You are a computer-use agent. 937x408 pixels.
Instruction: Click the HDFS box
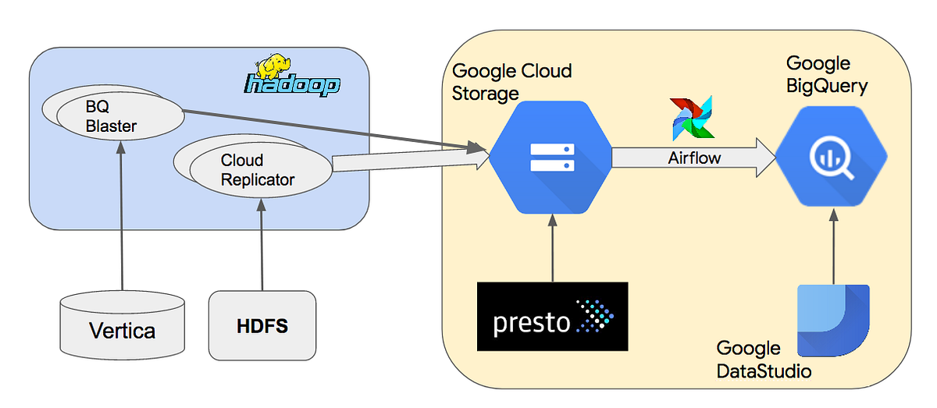click(x=262, y=325)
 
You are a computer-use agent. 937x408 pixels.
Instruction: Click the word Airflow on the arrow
click(x=693, y=158)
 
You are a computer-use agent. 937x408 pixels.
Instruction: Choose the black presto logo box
click(x=552, y=316)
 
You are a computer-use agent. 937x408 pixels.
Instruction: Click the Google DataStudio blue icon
click(x=833, y=321)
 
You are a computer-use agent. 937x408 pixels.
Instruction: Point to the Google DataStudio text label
click(x=763, y=360)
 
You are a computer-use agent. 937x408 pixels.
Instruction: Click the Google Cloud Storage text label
click(x=511, y=82)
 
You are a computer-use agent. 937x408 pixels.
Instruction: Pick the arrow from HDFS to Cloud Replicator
click(x=262, y=242)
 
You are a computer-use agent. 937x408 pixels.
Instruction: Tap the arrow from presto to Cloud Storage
click(x=552, y=250)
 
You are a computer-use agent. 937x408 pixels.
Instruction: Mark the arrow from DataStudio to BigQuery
click(x=833, y=250)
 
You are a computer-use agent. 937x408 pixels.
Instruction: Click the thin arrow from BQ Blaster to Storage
click(x=328, y=129)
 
